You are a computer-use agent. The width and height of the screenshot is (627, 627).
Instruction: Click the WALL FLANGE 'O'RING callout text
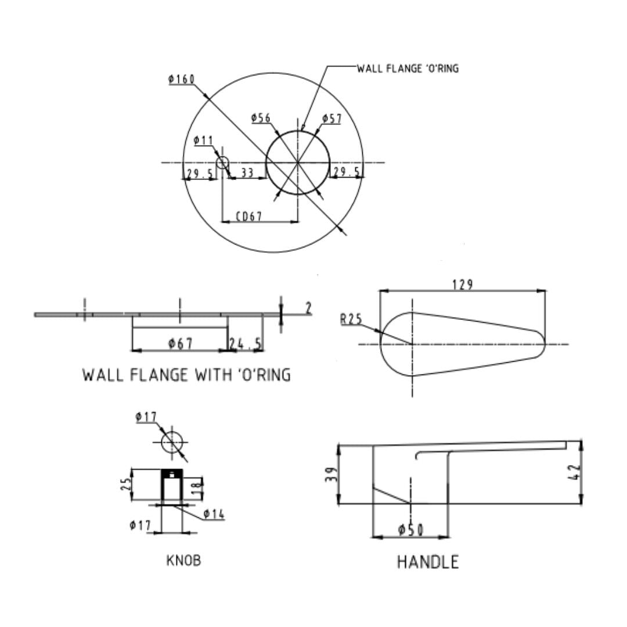(x=408, y=69)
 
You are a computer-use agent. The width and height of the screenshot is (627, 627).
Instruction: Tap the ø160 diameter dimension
(x=182, y=79)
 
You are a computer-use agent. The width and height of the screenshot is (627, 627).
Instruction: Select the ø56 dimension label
(x=261, y=118)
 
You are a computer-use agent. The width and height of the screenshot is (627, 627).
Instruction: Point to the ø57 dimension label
(x=332, y=119)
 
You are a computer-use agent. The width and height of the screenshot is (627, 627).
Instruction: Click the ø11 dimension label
(x=203, y=140)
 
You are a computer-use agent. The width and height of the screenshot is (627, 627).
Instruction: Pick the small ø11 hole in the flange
(x=222, y=163)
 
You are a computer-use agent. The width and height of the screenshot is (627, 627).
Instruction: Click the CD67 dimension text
(x=249, y=217)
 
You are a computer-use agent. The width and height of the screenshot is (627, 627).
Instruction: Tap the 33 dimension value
(x=247, y=172)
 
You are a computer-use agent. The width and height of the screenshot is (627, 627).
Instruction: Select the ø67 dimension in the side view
(x=181, y=344)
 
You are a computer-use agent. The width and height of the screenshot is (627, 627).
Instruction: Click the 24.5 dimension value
(x=245, y=344)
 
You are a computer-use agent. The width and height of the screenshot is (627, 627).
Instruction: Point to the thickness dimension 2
(x=308, y=308)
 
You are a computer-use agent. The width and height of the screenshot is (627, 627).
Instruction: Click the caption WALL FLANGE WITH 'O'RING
(x=186, y=375)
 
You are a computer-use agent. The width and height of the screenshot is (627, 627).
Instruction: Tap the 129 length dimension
(x=462, y=284)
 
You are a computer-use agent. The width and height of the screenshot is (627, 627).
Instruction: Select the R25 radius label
(x=351, y=319)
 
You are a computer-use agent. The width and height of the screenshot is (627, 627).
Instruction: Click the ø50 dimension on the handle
(x=410, y=530)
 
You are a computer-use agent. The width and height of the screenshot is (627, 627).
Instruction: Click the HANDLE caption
(x=428, y=562)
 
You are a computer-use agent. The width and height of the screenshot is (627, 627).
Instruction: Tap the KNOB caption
(x=183, y=561)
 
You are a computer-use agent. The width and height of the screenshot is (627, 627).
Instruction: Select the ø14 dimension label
(x=214, y=514)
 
